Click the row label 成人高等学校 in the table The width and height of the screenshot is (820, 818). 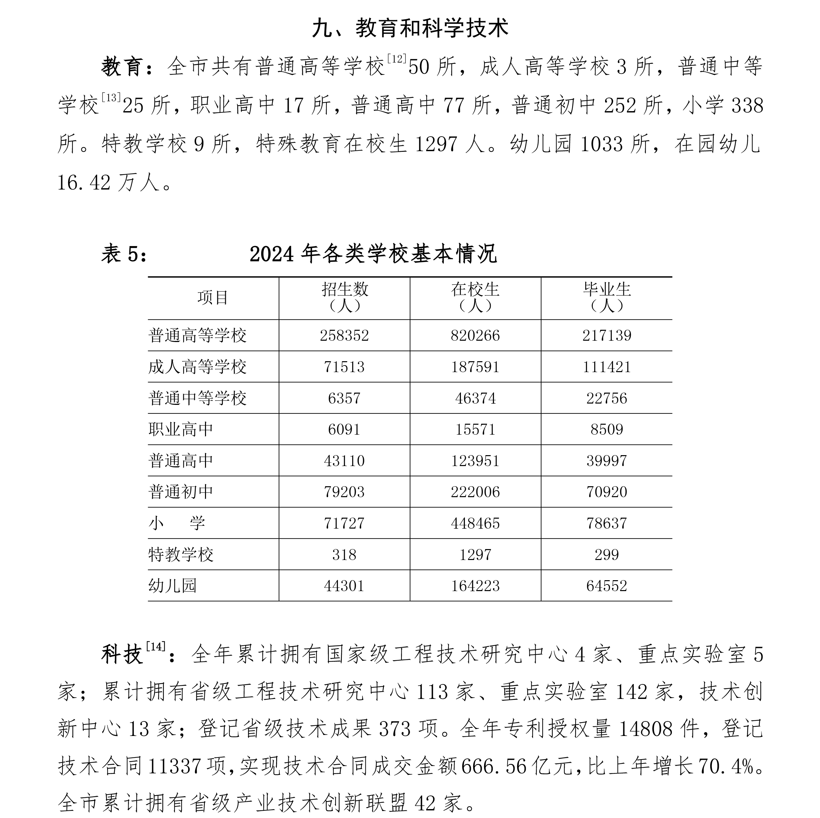(x=197, y=367)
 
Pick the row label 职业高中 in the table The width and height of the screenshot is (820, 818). (x=181, y=429)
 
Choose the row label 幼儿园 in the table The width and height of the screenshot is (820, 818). (x=172, y=586)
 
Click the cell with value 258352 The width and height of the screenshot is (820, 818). (x=344, y=336)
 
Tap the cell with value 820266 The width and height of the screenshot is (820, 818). (x=475, y=336)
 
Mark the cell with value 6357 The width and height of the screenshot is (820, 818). (x=344, y=398)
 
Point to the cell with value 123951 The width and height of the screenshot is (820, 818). (x=475, y=460)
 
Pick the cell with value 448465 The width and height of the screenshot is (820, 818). (x=475, y=523)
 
